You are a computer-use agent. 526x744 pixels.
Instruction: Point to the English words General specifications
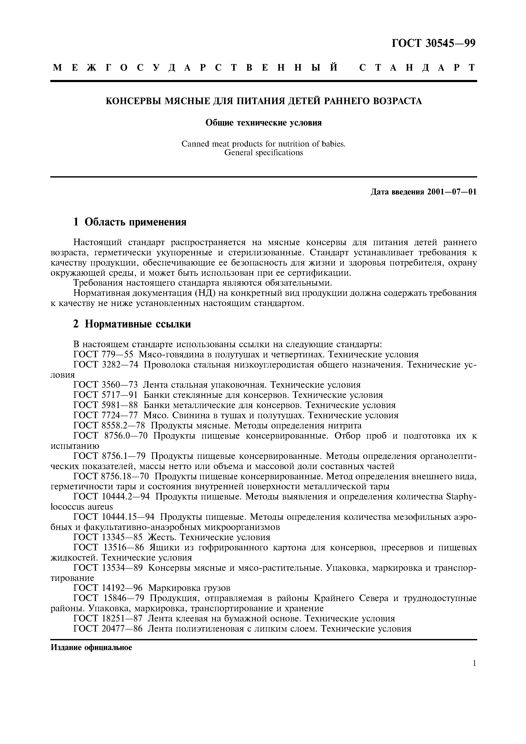pos(264,153)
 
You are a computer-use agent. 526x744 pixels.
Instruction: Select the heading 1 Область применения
pos(130,222)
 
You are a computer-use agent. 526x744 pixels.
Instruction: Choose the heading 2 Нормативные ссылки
pos(132,324)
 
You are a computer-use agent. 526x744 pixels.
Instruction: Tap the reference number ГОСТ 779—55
pos(103,354)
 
